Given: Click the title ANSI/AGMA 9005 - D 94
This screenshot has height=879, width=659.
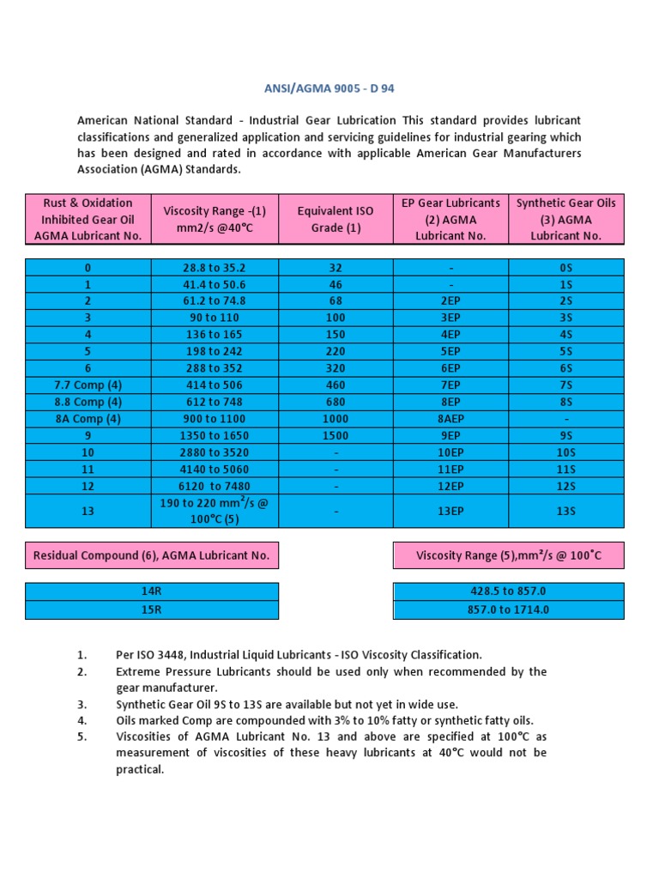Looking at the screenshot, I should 329,88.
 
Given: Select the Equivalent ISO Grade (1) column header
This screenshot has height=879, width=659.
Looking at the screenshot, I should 336,219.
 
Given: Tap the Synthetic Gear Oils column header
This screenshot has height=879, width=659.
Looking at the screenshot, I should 566,219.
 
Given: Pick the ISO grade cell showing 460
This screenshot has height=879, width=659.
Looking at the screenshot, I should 336,385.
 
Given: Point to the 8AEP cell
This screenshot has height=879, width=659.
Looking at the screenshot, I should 450,419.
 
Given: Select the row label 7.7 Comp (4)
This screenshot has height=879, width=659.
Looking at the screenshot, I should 88,385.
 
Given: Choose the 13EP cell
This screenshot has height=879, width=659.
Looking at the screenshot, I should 450,511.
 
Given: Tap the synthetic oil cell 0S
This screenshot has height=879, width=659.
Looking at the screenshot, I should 566,268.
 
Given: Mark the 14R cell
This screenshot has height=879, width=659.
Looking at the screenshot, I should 152,592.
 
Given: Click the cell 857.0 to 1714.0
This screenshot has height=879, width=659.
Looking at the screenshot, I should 508,609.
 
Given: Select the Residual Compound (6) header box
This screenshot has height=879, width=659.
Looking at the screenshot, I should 152,555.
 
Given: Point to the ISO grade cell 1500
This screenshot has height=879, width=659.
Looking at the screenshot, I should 336,435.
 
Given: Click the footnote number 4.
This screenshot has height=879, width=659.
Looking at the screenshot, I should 82,720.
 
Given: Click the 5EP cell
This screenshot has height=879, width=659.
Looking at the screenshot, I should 450,352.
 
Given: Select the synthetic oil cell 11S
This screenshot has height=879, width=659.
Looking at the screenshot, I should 566,470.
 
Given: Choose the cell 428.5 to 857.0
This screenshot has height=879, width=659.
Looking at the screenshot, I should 508,592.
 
